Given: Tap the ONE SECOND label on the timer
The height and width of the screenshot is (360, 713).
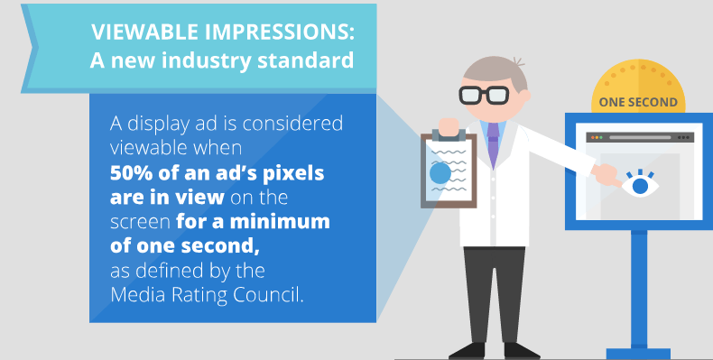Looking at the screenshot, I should coord(638,102).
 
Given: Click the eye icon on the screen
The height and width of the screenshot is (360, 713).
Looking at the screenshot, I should coord(641,185).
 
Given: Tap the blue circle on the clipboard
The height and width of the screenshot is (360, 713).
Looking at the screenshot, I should coord(440,174).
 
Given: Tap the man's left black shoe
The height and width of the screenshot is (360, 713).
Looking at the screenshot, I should coord(468,350).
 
